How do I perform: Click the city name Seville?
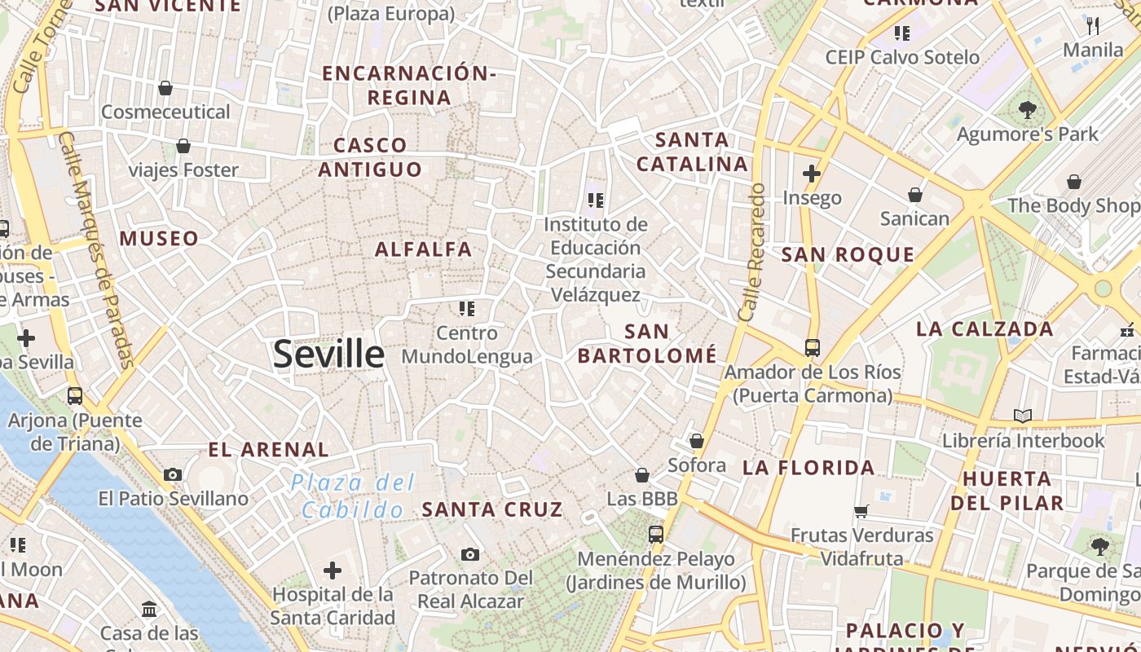(x=328, y=354)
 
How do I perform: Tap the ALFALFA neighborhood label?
(x=423, y=249)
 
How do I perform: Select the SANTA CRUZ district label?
(x=492, y=510)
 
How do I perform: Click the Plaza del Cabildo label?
(x=353, y=496)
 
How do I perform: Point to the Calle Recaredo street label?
(x=751, y=252)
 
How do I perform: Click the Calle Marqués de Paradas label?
(x=97, y=249)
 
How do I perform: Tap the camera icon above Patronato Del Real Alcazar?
(x=470, y=554)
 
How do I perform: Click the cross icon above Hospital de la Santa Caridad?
(x=333, y=570)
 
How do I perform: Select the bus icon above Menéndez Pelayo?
(x=656, y=535)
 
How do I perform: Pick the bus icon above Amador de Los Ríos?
(x=813, y=348)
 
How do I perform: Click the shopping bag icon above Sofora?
(x=697, y=441)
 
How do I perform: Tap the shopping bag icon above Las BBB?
(x=642, y=474)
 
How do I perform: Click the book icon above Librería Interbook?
(x=1023, y=416)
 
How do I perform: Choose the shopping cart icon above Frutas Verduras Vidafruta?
(x=861, y=512)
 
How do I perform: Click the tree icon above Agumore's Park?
(x=1028, y=109)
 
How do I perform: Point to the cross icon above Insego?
(x=812, y=173)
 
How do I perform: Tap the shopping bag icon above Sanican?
(x=915, y=195)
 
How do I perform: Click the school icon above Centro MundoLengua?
(x=466, y=308)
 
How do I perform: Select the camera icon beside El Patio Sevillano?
(x=173, y=474)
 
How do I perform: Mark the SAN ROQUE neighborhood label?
(x=848, y=255)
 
